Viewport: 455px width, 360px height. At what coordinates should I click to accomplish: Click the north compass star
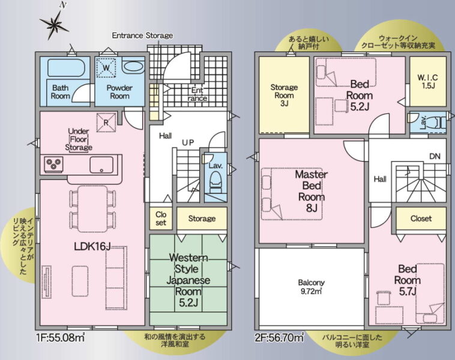pyautogui.click(x=54, y=24)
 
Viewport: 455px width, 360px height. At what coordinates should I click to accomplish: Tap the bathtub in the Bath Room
pyautogui.click(x=66, y=68)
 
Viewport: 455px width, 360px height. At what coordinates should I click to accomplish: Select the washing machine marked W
pyautogui.click(x=106, y=68)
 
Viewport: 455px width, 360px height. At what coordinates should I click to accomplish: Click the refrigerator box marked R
pyautogui.click(x=106, y=122)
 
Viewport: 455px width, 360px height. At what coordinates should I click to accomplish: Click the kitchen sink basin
pyautogui.click(x=101, y=165)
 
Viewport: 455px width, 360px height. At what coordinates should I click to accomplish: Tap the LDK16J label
pyautogui.click(x=92, y=247)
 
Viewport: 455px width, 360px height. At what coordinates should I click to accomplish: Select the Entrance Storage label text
pyautogui.click(x=142, y=35)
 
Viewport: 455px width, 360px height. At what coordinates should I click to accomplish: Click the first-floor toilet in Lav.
pyautogui.click(x=215, y=182)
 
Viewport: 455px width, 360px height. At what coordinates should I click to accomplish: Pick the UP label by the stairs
pyautogui.click(x=188, y=142)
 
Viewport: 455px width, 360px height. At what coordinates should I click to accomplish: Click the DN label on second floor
pyautogui.click(x=435, y=157)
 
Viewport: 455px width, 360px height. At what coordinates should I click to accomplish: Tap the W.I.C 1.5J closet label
pyautogui.click(x=428, y=82)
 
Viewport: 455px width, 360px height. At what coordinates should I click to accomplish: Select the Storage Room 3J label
pyautogui.click(x=284, y=95)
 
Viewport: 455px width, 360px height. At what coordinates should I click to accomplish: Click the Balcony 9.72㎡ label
pyautogui.click(x=312, y=287)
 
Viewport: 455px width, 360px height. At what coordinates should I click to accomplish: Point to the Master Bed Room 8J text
pyautogui.click(x=312, y=191)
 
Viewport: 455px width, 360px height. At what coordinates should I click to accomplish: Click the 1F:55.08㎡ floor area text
pyautogui.click(x=61, y=337)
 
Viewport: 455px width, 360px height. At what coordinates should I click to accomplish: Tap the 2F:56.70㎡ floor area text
pyautogui.click(x=280, y=337)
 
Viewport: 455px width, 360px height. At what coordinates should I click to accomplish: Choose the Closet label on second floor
pyautogui.click(x=421, y=218)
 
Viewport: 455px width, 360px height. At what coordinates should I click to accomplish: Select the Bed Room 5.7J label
pyautogui.click(x=408, y=280)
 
